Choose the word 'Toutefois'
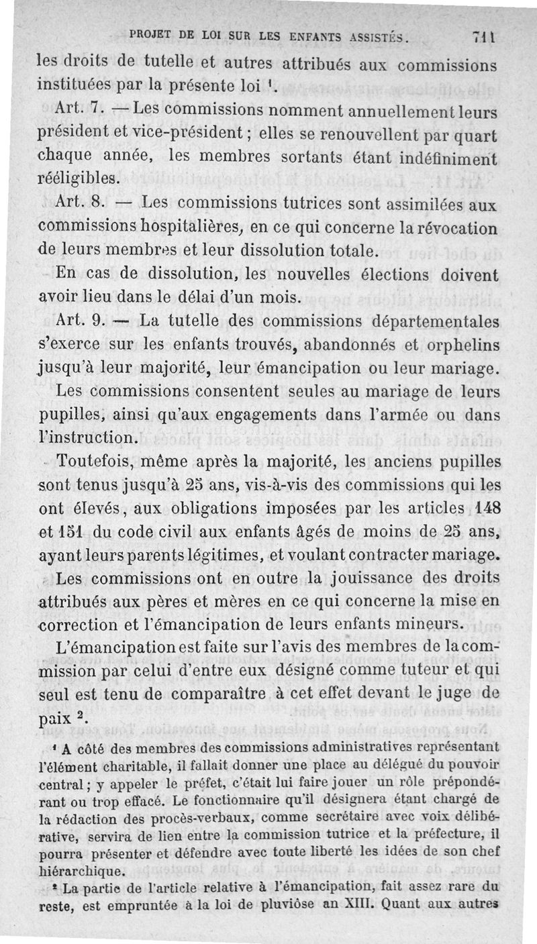[100, 462]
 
